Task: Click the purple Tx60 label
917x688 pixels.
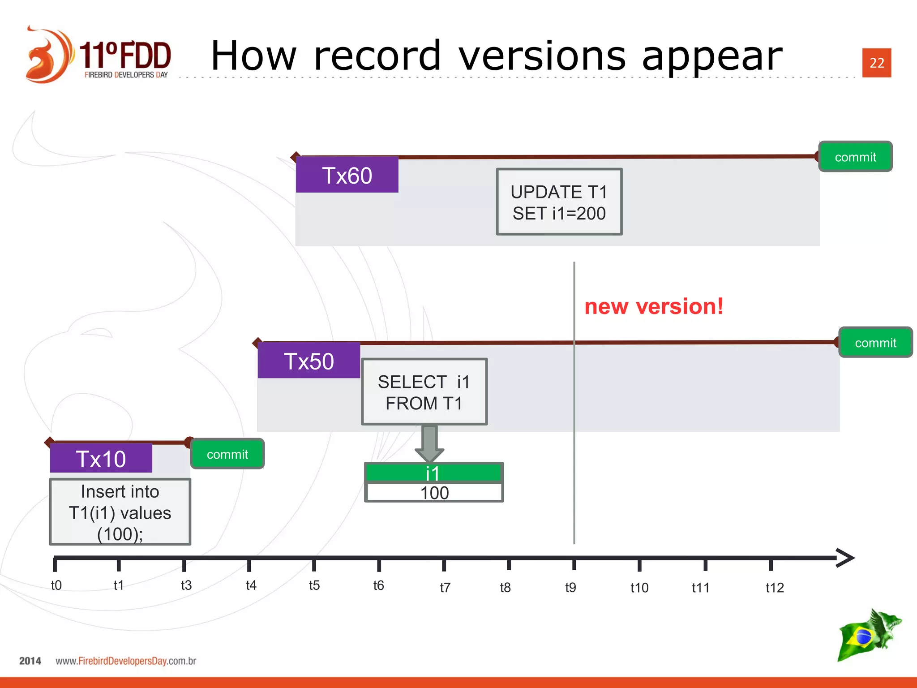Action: [x=347, y=175]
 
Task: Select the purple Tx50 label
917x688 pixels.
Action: [x=309, y=361]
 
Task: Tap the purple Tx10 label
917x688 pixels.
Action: [x=101, y=459]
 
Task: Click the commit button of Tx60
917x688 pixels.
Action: [x=855, y=157]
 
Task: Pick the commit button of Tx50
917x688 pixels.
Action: [x=875, y=343]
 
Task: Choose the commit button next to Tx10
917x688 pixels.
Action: [x=227, y=454]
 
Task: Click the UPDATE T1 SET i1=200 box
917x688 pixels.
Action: [x=559, y=202]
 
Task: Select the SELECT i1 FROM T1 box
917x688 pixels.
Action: [x=424, y=392]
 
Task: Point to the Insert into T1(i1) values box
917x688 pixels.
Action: [x=120, y=512]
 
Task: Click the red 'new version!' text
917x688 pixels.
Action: [x=654, y=307]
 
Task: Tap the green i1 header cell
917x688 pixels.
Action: [x=433, y=473]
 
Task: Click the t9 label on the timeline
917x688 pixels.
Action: [x=570, y=587]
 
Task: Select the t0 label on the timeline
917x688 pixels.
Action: [x=56, y=585]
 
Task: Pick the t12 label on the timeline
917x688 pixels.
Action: [x=775, y=588]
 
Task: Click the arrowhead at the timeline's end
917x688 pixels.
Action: [x=845, y=558]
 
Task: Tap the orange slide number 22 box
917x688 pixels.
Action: [x=877, y=63]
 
